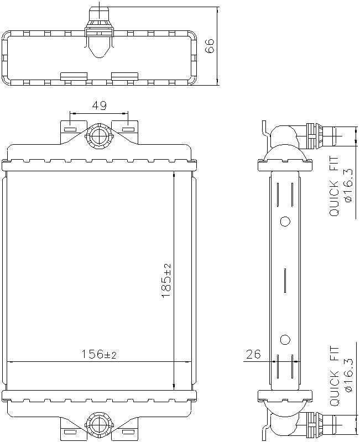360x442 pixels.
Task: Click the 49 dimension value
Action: pos(100,106)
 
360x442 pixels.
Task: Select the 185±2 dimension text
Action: pos(166,281)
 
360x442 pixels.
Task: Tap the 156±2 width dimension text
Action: pos(100,354)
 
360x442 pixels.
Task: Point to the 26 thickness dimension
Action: pos(253,354)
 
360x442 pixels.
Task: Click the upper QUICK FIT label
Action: pos(335,186)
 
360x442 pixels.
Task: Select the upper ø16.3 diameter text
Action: pos(348,186)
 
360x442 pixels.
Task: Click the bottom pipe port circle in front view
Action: pos(100,425)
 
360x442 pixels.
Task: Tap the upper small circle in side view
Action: pos(285,222)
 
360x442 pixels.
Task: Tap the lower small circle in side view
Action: pos(285,339)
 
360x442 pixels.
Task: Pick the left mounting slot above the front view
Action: pos(70,130)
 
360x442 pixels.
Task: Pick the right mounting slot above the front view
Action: pos(128,130)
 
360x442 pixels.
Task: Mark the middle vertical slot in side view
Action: pos(285,280)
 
